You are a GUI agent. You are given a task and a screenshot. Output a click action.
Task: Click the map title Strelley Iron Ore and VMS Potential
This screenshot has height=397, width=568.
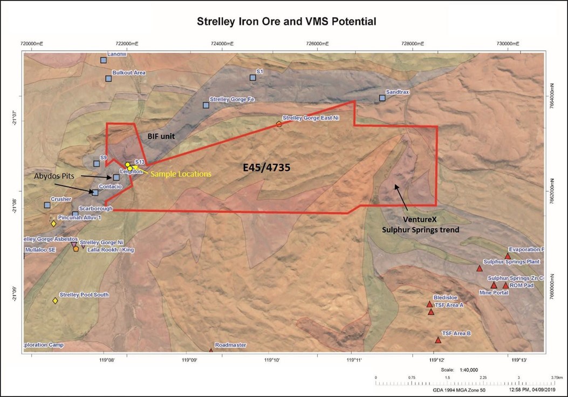coord(286,22)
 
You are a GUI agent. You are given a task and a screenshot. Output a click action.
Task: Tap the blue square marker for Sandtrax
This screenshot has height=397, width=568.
coord(382,98)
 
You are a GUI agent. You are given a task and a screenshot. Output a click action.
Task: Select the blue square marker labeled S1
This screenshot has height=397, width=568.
coord(252,77)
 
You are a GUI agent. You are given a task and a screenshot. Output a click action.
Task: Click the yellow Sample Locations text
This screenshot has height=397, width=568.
coord(180,174)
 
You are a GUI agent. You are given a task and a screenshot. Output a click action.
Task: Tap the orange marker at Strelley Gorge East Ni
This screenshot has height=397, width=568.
coord(279,124)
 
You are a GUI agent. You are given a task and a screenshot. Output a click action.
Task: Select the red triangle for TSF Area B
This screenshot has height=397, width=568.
coord(438,340)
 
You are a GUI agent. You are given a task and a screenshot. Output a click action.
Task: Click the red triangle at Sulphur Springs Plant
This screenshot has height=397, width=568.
coord(480,268)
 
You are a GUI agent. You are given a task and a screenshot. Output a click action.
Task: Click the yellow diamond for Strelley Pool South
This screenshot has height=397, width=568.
coord(55,300)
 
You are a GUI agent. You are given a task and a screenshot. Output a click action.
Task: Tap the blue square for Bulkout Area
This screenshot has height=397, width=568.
coord(108,78)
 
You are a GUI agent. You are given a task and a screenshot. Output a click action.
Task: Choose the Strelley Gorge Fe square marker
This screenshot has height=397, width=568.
coord(206,105)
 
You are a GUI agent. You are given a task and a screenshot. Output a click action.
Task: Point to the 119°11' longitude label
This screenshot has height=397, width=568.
coord(351,360)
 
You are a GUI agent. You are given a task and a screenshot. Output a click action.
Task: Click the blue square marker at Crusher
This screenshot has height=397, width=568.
coord(47,205)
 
